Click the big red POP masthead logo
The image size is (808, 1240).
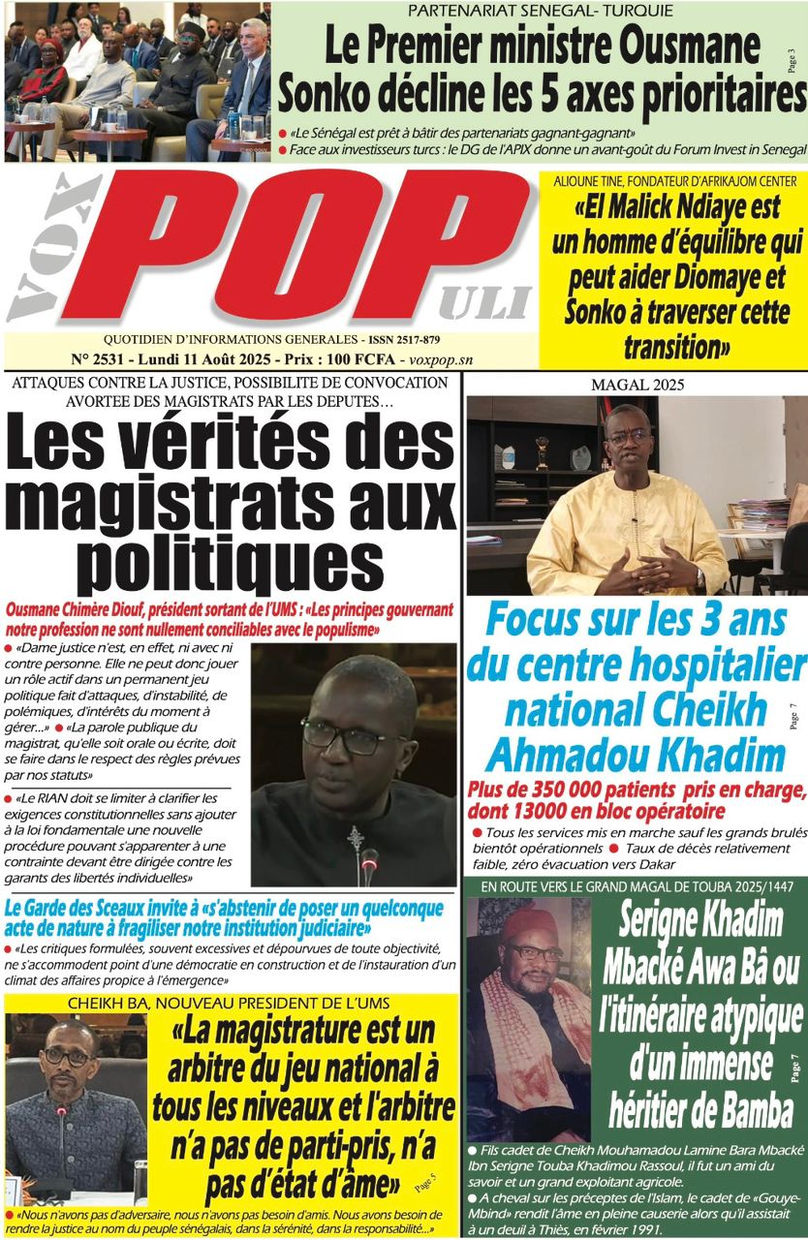(320, 252)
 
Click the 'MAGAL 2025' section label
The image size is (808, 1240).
(637, 385)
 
